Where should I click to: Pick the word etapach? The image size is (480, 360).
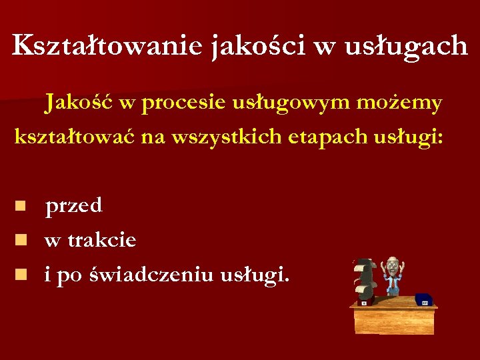313,137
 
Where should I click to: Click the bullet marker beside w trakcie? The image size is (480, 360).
22,238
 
